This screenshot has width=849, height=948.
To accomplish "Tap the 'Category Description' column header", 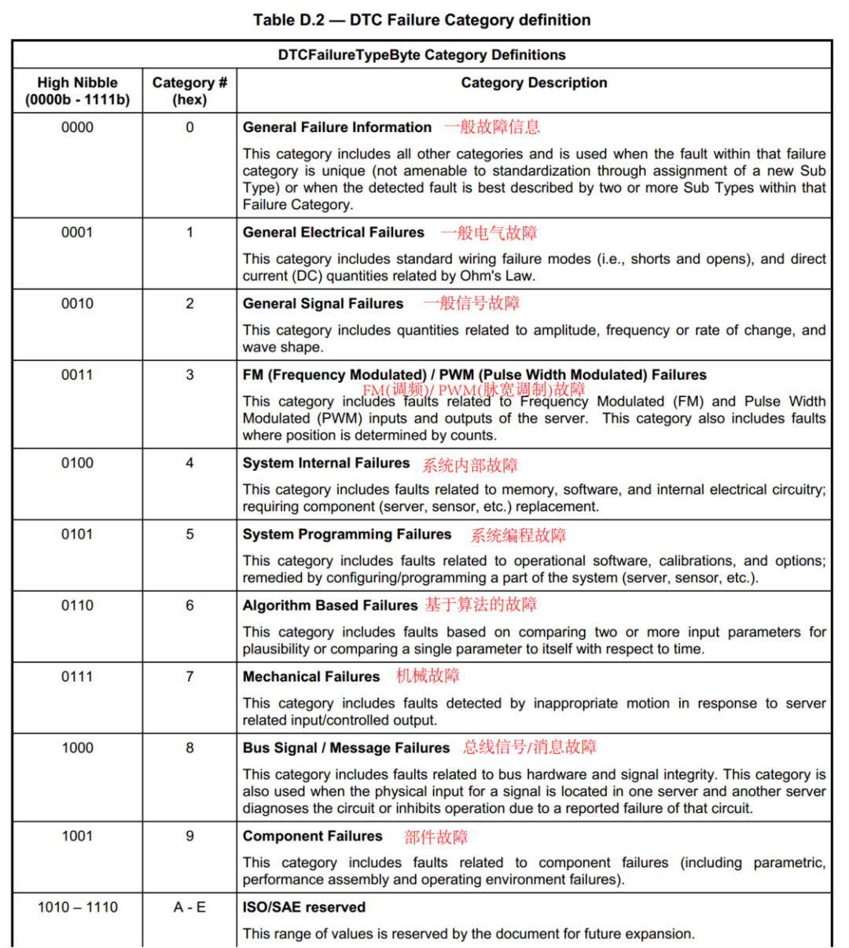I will (534, 83).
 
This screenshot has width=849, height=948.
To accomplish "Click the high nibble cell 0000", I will (77, 127).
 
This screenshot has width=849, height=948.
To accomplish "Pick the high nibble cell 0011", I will (77, 375).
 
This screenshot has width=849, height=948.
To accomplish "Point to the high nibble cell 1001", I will (77, 836).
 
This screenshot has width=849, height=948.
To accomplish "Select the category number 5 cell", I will (189, 535).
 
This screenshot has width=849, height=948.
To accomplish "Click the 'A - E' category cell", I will (189, 907).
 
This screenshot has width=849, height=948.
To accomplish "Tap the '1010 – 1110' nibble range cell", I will (77, 907).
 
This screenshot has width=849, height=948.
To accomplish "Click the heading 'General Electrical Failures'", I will (333, 233).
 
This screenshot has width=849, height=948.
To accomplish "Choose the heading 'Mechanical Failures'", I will (311, 677).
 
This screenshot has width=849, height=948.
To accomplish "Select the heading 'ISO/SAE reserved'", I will (304, 907).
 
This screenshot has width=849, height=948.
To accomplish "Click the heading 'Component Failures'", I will (313, 836).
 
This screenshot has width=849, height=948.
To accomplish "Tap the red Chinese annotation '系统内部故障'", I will (470, 465).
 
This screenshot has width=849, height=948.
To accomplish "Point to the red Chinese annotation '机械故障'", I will (428, 676).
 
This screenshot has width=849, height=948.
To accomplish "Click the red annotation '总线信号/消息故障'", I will (530, 748).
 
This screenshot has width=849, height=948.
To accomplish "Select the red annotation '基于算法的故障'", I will (481, 604).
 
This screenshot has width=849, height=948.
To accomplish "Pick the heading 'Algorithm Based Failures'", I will (330, 605).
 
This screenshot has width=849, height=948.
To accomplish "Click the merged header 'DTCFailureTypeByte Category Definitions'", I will (421, 55).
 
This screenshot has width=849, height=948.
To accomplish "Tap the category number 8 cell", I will (189, 748).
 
